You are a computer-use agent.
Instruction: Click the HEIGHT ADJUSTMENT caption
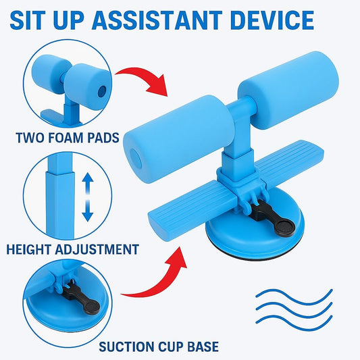point(72,249)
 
